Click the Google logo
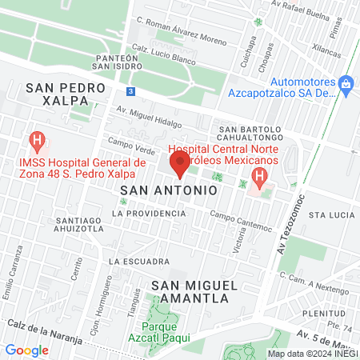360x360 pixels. coord(26,350)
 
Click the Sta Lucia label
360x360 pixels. coord(330,215)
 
